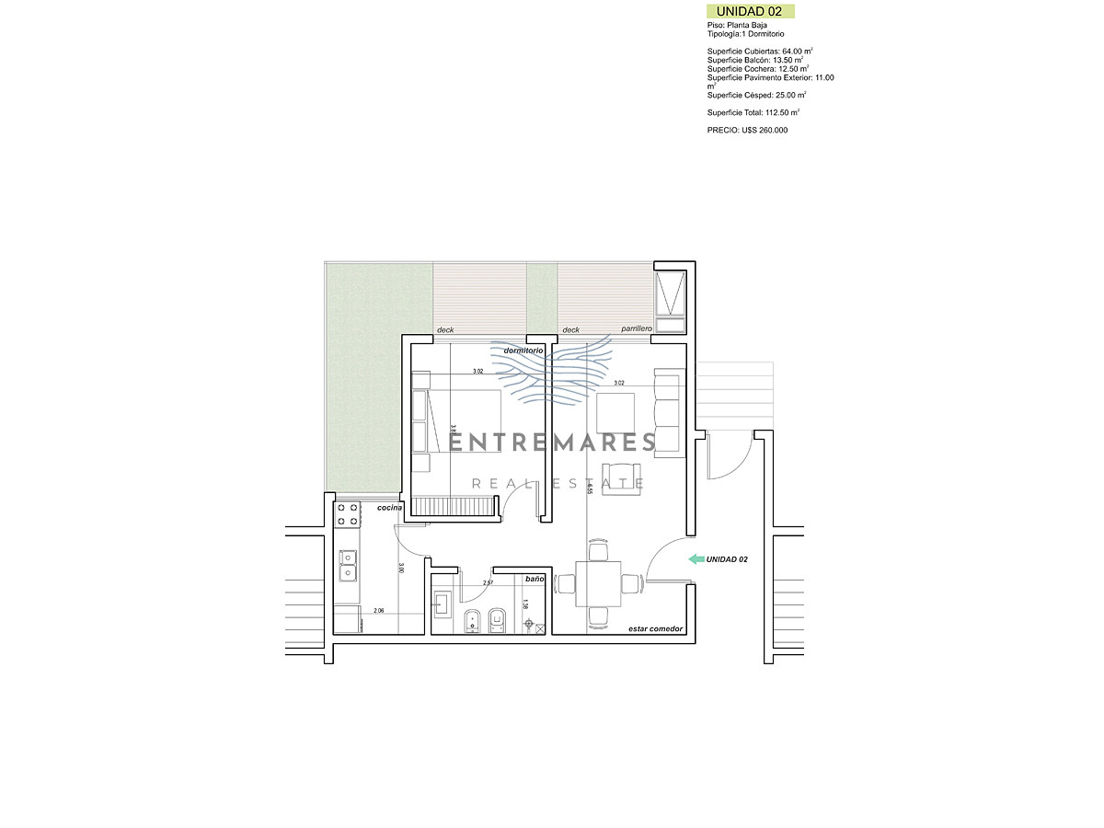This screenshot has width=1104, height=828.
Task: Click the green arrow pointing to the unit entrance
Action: click(x=696, y=558)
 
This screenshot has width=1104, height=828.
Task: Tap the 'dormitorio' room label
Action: click(x=523, y=351)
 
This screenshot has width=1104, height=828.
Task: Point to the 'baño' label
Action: click(x=535, y=580)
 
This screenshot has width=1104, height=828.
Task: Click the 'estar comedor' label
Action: click(x=655, y=628)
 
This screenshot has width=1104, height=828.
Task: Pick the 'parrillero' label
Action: click(x=636, y=328)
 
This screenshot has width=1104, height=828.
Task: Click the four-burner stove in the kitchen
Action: click(x=347, y=514)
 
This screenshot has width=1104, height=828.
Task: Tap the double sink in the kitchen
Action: click(x=348, y=565)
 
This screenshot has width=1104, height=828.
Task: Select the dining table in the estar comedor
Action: click(x=598, y=583)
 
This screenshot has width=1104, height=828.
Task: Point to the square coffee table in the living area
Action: click(x=615, y=413)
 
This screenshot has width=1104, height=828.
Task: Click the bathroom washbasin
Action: click(x=442, y=604)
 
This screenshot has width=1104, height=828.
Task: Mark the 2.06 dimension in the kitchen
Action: click(x=378, y=611)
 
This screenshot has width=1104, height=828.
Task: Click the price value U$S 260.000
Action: click(x=760, y=131)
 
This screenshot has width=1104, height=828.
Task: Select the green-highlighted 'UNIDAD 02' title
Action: click(x=749, y=11)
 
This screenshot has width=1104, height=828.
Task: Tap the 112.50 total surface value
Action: click(x=782, y=112)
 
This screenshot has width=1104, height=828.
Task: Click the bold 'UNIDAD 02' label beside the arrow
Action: click(x=728, y=559)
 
